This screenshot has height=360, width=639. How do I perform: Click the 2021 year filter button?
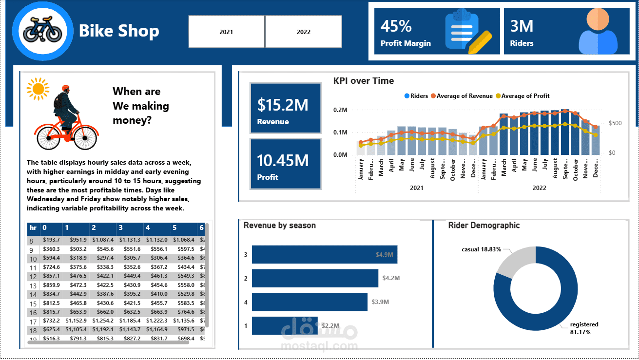[x=226, y=32]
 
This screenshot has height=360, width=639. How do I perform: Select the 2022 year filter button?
[x=303, y=32]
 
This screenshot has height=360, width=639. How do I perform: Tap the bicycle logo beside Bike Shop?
[x=43, y=31]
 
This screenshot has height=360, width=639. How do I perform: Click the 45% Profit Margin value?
[x=396, y=26]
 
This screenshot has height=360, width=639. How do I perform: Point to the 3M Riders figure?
[x=522, y=26]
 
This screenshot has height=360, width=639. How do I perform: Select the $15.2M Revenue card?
[x=285, y=108]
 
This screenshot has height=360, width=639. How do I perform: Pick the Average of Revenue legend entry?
[x=464, y=96]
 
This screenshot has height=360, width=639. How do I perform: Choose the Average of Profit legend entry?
[x=525, y=96]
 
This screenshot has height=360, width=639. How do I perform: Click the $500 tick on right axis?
[x=615, y=123]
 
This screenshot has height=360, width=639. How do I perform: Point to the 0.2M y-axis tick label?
[x=340, y=110]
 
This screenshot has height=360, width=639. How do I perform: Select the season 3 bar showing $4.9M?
[x=324, y=254]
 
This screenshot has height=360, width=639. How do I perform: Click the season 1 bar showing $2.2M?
[x=285, y=325]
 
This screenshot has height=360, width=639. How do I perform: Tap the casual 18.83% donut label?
[x=481, y=249]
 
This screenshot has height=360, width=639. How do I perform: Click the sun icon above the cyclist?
[x=38, y=89]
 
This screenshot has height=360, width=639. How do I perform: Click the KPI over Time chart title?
[x=363, y=81]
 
